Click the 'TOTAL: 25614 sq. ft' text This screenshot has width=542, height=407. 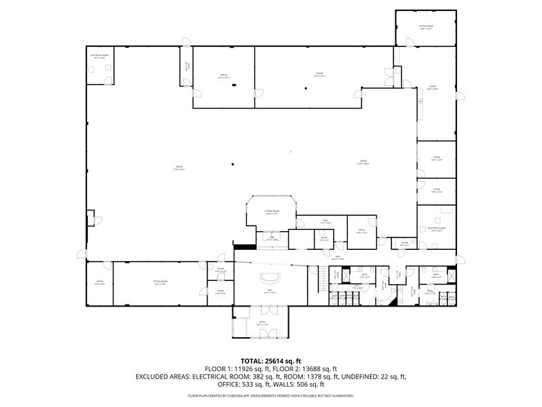pos(271,361)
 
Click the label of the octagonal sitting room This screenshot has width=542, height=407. pos(272,212)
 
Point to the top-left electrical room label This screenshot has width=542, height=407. pos(97,56)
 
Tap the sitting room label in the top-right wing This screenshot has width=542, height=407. pos(425,28)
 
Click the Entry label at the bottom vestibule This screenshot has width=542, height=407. pos(263,323)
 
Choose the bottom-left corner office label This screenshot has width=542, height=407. pos(100,282)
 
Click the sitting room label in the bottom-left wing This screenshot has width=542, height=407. pos(160,282)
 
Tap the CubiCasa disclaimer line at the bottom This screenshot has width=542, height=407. pos(271,396)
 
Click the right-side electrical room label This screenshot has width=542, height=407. pos(436,229)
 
